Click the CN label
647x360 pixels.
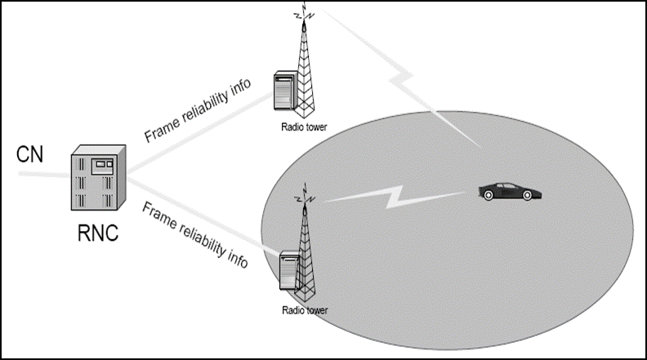31,154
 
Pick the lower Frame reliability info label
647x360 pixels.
194,234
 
